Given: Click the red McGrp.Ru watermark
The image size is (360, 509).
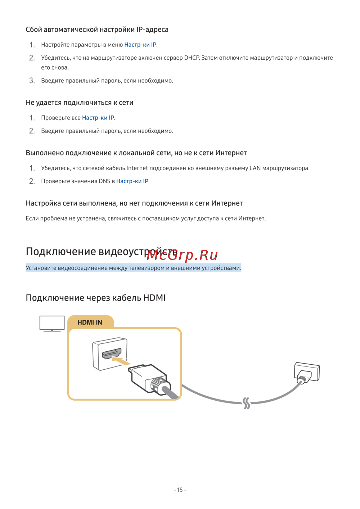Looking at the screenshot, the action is pos(182,256).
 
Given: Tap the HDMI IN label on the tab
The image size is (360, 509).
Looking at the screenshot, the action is pos(90,322).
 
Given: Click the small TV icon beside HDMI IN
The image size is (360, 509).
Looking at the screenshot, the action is pos(52,324).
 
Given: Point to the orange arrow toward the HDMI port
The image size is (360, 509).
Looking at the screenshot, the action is pos(121,361).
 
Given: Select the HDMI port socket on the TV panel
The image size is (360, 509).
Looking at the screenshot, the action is pos(111,353).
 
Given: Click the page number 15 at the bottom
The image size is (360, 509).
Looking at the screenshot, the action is pos(180,490).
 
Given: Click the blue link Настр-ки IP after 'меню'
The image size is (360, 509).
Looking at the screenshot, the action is pos(140,45).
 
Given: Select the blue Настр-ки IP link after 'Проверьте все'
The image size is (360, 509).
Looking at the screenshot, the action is pos(98,118).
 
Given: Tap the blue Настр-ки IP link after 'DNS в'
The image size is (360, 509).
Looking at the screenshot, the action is pos(132,181).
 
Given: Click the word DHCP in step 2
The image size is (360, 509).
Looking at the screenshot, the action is pos(192,58).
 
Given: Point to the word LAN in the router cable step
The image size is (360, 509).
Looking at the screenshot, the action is pos(255,168).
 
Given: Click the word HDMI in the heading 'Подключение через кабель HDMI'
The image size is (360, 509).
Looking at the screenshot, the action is pos(154,298).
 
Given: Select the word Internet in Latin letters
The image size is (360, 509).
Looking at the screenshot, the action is pos(137,168).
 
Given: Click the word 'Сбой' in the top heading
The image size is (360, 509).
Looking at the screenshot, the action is pos(33,30).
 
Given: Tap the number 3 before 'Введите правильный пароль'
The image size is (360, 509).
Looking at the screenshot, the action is pos(32,81).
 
